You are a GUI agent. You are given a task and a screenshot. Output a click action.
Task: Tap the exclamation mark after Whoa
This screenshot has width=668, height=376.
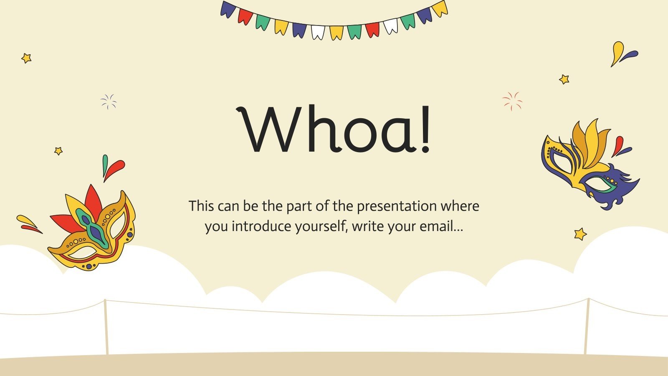click(425, 130)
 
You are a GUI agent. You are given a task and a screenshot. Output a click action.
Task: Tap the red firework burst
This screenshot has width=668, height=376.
click(512, 101)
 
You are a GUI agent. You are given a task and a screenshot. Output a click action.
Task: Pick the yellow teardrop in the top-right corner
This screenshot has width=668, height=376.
click(617, 52)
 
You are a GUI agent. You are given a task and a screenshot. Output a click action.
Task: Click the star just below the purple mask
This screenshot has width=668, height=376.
click(580, 234)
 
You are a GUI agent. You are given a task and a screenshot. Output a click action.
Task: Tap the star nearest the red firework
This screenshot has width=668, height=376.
click(564, 79)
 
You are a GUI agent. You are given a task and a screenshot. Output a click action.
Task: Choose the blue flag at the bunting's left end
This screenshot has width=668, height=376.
click(228, 9)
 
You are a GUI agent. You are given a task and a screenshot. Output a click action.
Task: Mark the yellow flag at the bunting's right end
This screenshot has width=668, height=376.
click(440, 8)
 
